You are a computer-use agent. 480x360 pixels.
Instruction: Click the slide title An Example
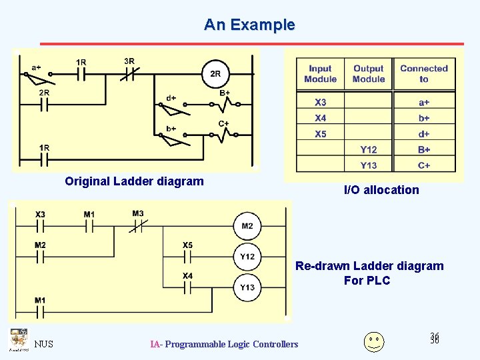pos(249,25)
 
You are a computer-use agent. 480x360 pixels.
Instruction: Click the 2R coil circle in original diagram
pos(215,74)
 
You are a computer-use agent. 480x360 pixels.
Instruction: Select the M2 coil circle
pos(247,227)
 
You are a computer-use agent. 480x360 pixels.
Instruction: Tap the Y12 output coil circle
pos(247,257)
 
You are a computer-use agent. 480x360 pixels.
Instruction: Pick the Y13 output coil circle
pos(247,287)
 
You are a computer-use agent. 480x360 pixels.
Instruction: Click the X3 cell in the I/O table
pos(321,103)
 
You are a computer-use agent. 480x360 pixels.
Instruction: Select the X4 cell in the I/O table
pos(321,118)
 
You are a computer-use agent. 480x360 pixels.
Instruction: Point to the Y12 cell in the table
pos(369,150)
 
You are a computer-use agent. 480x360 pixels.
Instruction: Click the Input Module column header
pos(321,73)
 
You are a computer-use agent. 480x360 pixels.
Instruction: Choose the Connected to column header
pos(424,73)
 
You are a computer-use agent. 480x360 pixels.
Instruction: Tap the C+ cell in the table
pos(424,165)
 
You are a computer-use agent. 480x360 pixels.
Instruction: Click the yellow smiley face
pos(374,341)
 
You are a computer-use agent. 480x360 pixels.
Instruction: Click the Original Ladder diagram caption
pos(134,181)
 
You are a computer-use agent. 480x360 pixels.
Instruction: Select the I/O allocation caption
pos(381,190)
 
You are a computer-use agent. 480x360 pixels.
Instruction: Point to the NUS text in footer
pos(44,344)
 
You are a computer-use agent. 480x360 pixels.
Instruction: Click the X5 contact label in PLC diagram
pos(188,245)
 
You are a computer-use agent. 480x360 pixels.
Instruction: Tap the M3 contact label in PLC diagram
pos(138,214)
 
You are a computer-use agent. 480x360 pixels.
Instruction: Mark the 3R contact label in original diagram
pos(129,61)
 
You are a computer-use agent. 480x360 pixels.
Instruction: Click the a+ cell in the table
pos(424,103)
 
